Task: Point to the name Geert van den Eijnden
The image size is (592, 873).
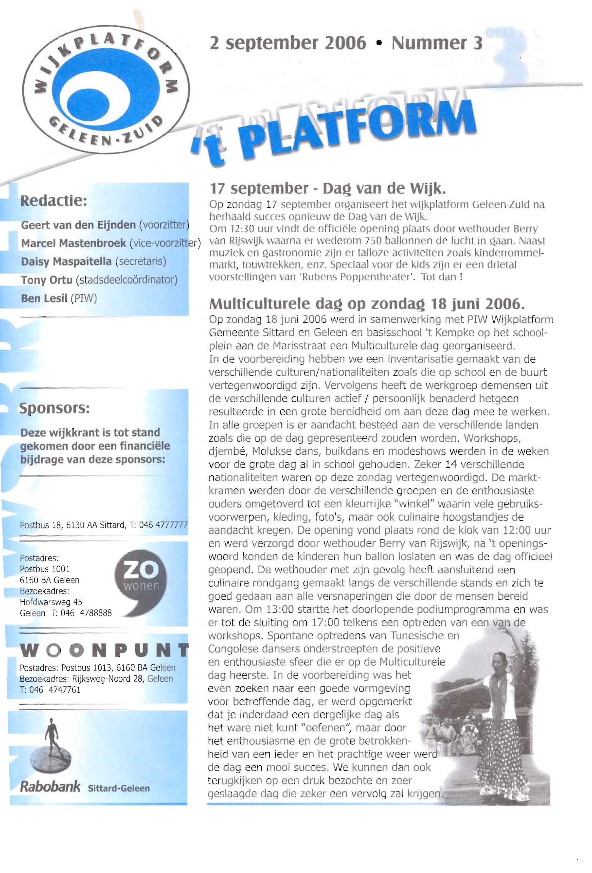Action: coord(78,225)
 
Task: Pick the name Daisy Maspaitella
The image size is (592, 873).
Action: coord(66,262)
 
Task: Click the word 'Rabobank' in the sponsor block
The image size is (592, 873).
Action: coord(50,786)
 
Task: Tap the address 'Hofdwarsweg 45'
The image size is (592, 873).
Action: coord(51,602)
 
